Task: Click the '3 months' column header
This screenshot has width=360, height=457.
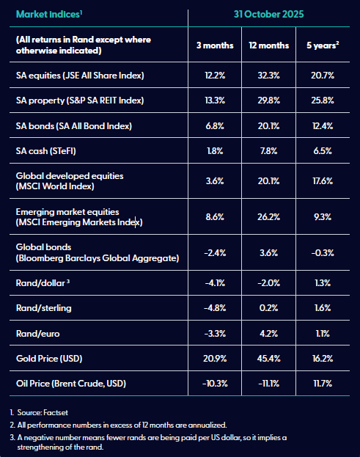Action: tap(215, 45)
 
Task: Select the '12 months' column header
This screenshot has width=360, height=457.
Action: tap(268, 45)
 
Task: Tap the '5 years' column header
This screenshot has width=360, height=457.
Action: tap(323, 45)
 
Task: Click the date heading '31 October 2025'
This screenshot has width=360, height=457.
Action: tap(268, 14)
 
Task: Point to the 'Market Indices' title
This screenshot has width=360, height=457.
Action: tap(49, 14)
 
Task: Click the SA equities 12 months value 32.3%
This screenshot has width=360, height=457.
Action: tap(268, 76)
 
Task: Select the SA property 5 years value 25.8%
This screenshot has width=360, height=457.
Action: tap(323, 100)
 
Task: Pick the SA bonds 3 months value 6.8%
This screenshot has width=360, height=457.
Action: tap(215, 126)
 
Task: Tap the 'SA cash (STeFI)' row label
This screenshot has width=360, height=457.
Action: tap(46, 151)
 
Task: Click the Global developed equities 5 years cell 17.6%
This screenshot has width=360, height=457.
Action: tap(323, 181)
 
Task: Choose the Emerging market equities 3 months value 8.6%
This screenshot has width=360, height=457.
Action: tap(215, 217)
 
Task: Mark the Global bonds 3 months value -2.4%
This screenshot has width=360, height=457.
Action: tap(215, 252)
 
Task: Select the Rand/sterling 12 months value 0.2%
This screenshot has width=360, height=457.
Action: tap(268, 308)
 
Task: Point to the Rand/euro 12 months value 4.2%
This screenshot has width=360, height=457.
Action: tap(268, 333)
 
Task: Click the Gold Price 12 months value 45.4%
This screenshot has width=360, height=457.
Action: tap(268, 358)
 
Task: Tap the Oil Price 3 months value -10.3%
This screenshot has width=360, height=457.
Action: tap(215, 383)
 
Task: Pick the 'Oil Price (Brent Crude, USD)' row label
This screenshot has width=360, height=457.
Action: tap(71, 383)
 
